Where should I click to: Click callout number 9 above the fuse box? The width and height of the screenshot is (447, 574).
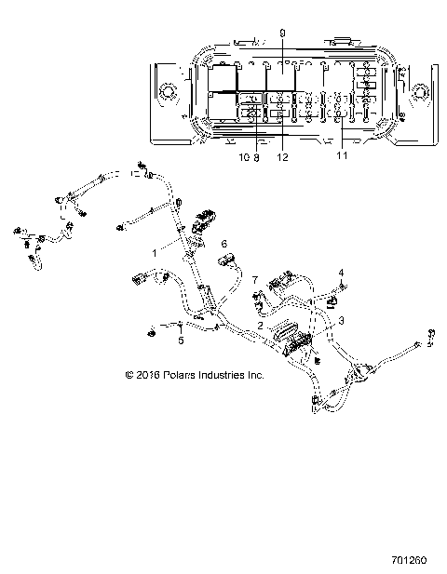(282, 33)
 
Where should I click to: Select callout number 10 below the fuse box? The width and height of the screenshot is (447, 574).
(244, 157)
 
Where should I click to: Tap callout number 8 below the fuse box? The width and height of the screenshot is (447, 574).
(256, 157)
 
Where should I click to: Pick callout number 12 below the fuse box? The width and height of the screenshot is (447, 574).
(282, 157)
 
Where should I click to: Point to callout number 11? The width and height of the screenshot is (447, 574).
(342, 155)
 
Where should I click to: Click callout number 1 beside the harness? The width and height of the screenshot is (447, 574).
(155, 253)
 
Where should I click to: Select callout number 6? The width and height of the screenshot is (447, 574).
(223, 244)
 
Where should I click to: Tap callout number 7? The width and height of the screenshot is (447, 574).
(255, 280)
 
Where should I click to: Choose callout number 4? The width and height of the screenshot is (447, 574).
(341, 273)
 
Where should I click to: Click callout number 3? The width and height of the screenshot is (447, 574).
(341, 321)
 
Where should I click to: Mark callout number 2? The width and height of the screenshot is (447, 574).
(260, 325)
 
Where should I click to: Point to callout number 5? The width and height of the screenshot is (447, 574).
(181, 340)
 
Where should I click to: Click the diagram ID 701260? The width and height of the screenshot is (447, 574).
(409, 560)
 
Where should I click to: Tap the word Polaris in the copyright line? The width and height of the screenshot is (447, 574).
(179, 375)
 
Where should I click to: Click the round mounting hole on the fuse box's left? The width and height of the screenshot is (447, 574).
(167, 91)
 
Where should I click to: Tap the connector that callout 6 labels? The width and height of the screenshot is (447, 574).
(226, 260)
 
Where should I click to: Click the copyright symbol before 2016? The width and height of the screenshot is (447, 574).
(129, 375)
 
